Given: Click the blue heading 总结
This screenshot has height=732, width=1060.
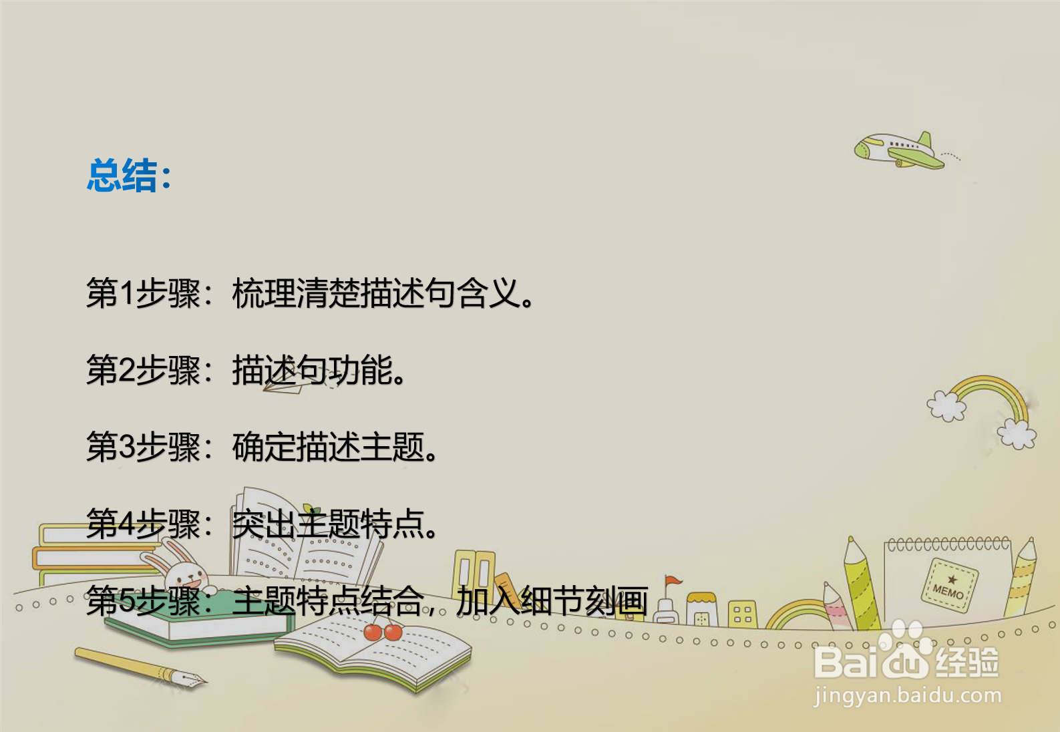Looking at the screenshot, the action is (122, 176).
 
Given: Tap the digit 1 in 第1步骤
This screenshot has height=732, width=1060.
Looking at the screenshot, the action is (127, 293).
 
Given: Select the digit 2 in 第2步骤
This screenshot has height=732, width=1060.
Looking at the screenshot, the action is (127, 369).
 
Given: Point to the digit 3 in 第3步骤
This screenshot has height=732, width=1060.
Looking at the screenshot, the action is (127, 447).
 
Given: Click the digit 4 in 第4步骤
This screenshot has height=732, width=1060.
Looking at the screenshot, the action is (127, 524).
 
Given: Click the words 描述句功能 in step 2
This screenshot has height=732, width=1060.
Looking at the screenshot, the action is (313, 370).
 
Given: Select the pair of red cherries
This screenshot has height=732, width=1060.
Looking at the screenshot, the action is (383, 632).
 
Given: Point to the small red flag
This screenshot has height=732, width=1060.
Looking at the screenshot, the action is (673, 580).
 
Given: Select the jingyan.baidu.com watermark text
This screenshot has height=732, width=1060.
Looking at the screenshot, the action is (908, 696).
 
